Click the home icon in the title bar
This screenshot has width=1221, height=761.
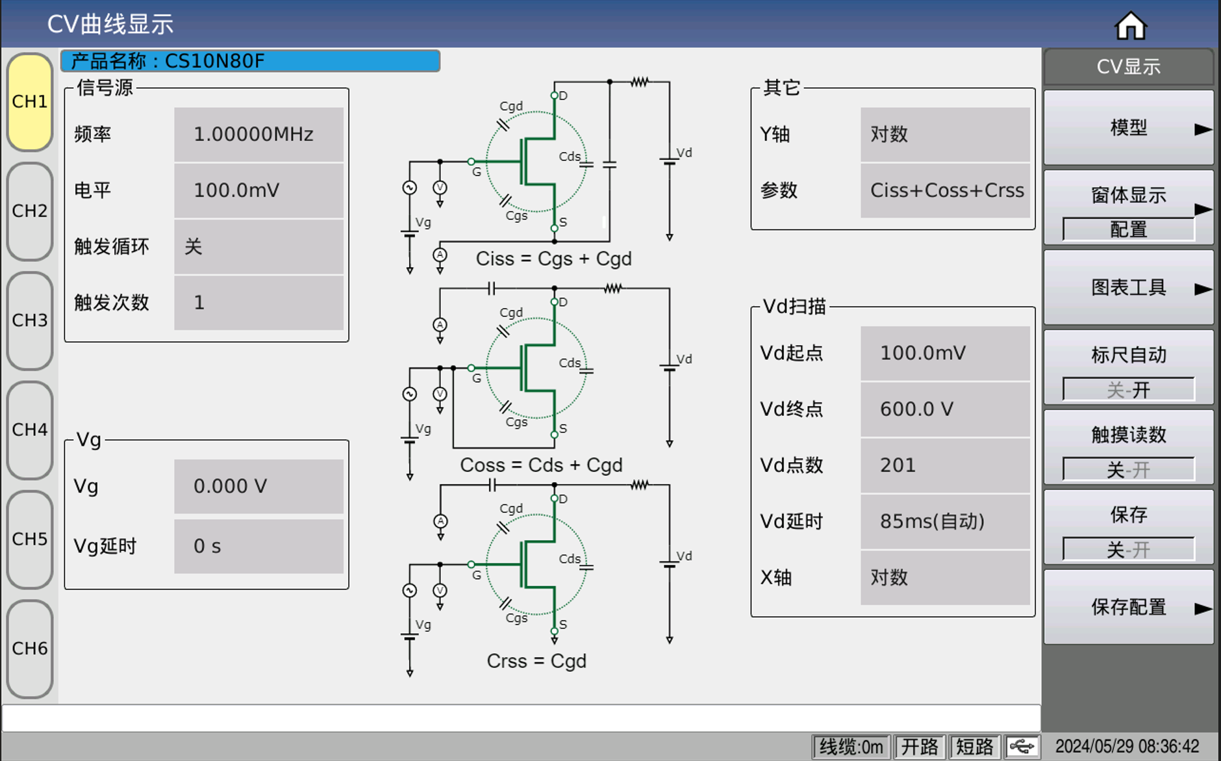[x=1130, y=25]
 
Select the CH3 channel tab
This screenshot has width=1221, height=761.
[x=30, y=320]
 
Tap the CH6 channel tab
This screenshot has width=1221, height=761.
[x=30, y=649]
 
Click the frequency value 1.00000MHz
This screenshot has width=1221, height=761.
[x=258, y=135]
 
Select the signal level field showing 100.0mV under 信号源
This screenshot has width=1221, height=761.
[x=258, y=190]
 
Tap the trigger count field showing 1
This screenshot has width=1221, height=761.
[x=258, y=303]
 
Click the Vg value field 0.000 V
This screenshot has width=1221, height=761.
[x=258, y=487]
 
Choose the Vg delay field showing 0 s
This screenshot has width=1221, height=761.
[x=258, y=547]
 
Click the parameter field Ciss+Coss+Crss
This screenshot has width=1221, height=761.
[x=945, y=190]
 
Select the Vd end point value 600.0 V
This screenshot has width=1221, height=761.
[x=945, y=409]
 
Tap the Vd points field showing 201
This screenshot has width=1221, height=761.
[x=945, y=465]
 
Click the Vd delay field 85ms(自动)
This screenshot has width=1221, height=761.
[x=945, y=521]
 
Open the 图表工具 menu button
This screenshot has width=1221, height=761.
[x=1129, y=288]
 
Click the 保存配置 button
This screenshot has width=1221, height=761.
[x=1129, y=608]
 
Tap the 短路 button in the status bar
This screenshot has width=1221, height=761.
[x=974, y=747]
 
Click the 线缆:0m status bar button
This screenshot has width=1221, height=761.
[x=851, y=747]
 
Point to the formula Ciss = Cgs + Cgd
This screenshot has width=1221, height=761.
[x=553, y=259]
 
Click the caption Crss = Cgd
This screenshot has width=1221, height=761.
[x=536, y=661]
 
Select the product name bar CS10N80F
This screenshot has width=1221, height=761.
[x=250, y=61]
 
